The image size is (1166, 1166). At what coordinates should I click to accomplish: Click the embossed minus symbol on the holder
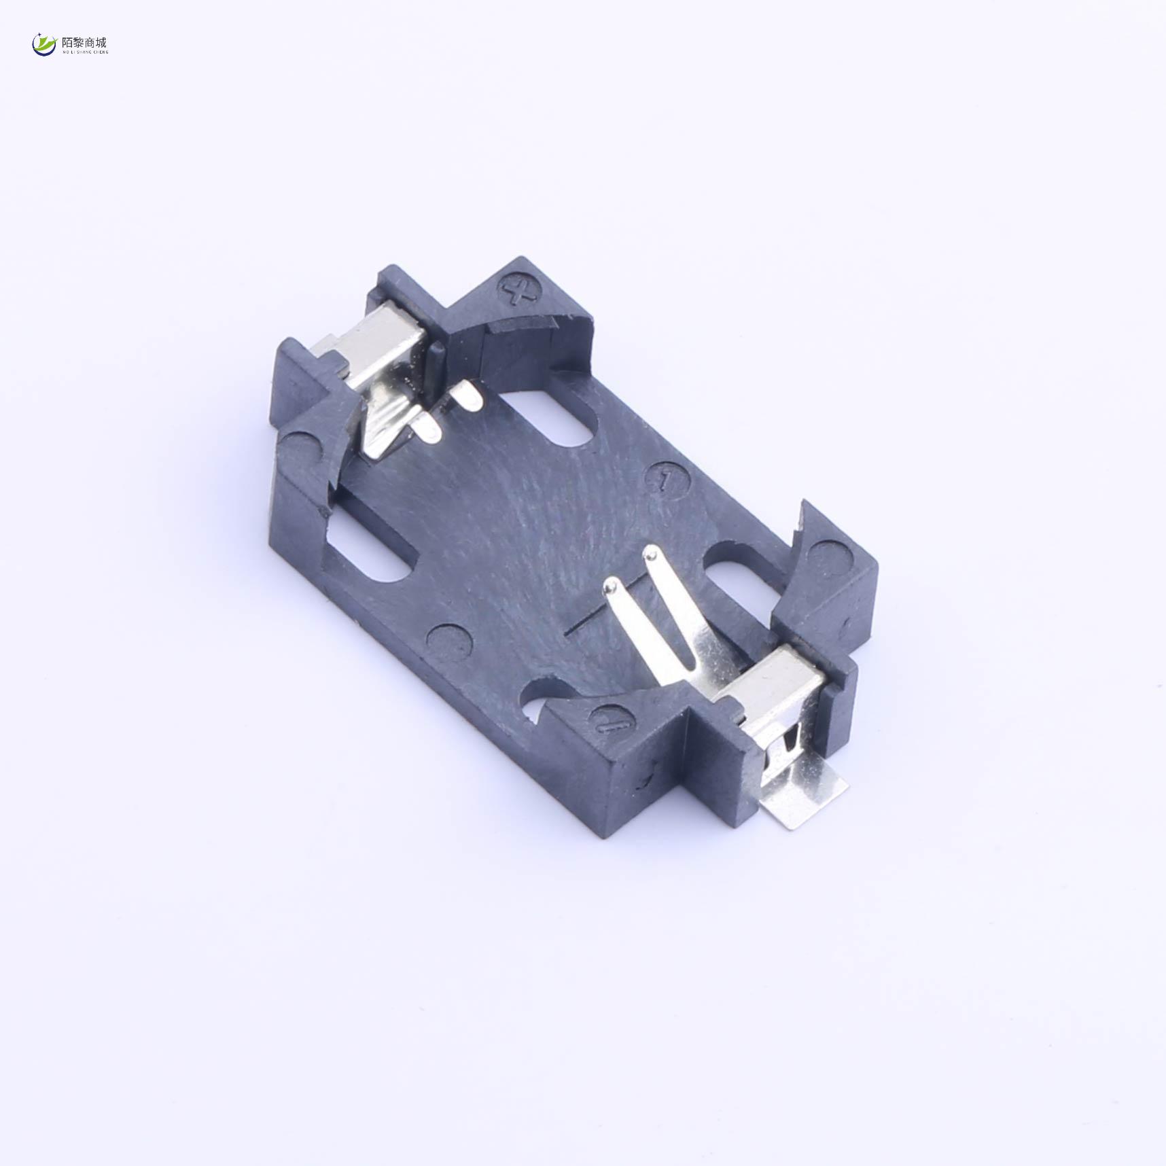pyautogui.click(x=610, y=723)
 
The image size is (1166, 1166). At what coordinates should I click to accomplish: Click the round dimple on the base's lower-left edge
pyautogui.click(x=448, y=641)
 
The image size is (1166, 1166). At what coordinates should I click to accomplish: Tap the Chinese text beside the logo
pyautogui.click(x=84, y=43)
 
